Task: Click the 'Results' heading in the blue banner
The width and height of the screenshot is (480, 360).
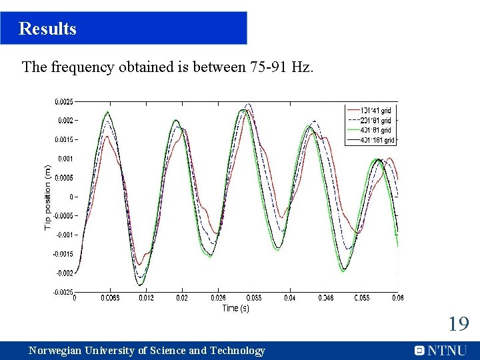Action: point(47,29)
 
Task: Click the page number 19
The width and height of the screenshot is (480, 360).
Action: point(458,325)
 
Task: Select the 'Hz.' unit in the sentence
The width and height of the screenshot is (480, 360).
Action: point(301,67)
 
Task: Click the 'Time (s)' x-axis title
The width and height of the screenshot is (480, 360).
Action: point(235,308)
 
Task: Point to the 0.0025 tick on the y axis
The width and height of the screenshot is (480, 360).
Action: point(63,102)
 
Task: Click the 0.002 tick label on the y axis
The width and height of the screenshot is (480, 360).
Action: point(65,121)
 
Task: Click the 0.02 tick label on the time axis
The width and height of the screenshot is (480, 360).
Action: point(181,298)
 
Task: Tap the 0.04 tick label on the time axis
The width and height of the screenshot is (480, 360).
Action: point(290,298)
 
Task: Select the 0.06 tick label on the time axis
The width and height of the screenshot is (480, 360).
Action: point(398,298)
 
